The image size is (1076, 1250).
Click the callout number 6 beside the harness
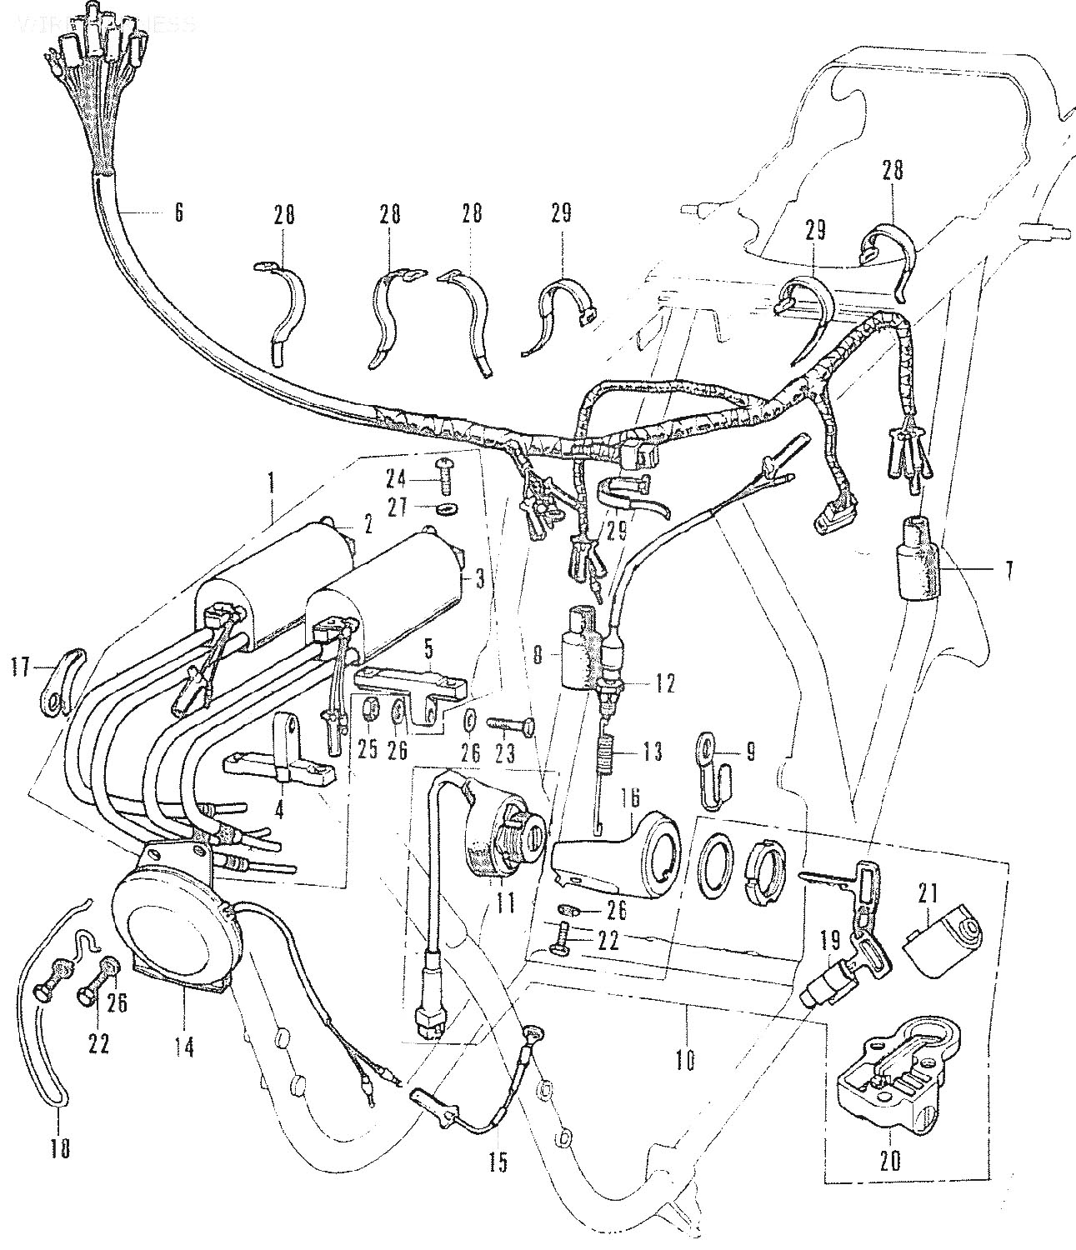(x=177, y=212)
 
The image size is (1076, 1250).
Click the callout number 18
(x=59, y=1147)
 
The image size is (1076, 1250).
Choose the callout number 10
(x=685, y=1061)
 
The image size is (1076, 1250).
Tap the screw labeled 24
(x=442, y=478)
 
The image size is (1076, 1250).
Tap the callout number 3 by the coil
(x=478, y=577)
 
